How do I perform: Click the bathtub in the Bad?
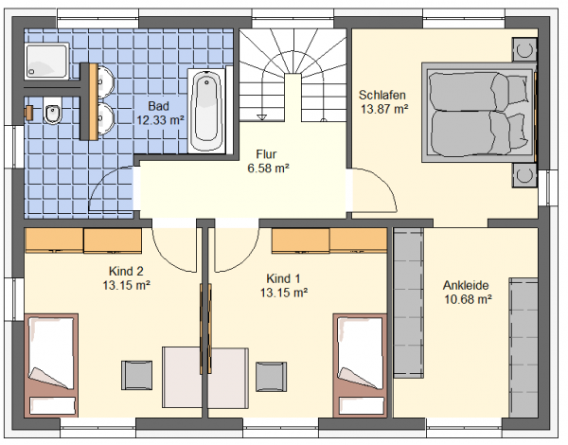click(206, 111)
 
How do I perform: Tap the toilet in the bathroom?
click(53, 111)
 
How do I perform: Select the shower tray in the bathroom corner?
click(46, 61)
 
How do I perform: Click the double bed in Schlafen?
click(478, 113)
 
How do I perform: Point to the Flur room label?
click(266, 154)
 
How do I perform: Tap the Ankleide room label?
click(466, 286)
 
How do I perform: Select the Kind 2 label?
click(126, 271)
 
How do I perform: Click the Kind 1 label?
click(283, 278)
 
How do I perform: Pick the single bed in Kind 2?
click(51, 365)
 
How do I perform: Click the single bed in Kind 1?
click(360, 365)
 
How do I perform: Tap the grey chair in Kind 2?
click(136, 375)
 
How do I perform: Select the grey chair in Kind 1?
click(272, 377)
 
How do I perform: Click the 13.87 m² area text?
click(384, 109)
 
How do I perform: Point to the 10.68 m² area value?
click(468, 300)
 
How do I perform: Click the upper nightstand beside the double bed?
click(524, 49)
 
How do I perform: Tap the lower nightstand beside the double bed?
click(524, 175)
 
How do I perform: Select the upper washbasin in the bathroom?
click(106, 82)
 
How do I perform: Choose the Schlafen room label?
click(382, 95)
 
